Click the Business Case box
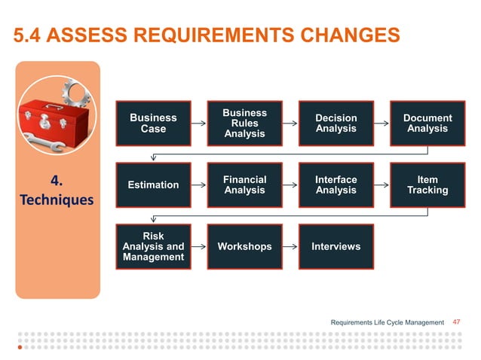tap(153, 123)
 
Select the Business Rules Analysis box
tap(244, 123)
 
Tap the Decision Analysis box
tap(335, 123)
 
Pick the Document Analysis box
tap(427, 123)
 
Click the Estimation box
tap(153, 185)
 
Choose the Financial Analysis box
tap(244, 185)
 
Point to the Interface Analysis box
tap(335, 185)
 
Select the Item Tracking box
tap(427, 185)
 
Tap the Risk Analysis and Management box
tap(153, 246)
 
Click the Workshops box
tap(244, 246)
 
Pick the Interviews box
tap(335, 246)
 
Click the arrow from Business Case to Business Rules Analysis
tap(199, 123)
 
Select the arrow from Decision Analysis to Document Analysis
tap(381, 123)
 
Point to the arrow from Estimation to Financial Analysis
tap(199, 185)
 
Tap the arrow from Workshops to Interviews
tap(290, 246)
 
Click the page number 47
tap(455, 322)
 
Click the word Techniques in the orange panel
tap(57, 201)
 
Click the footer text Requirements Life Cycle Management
tap(388, 322)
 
